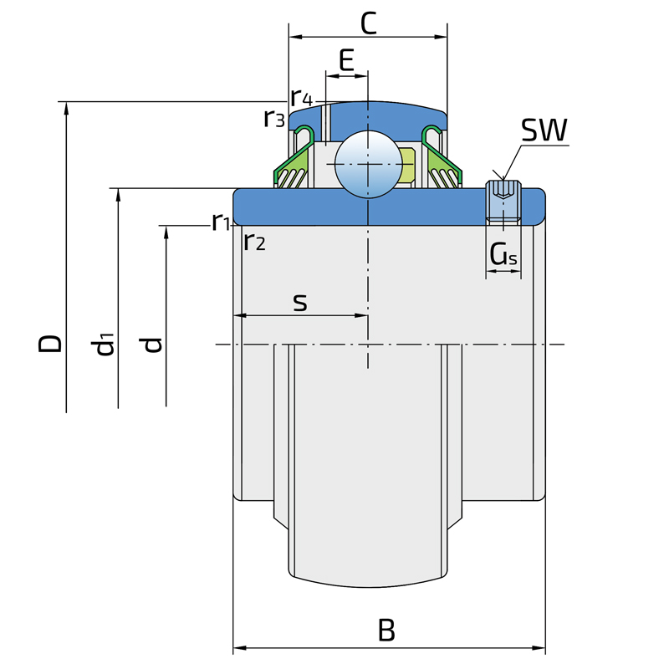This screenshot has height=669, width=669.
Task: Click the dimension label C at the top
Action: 368,23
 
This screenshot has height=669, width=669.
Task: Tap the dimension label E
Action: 347,60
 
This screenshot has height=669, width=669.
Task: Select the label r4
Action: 301,96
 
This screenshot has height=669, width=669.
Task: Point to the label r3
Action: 274,119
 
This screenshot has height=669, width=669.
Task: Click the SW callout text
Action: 544,130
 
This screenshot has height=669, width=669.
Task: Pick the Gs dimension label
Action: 503,255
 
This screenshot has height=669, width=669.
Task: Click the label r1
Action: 221,222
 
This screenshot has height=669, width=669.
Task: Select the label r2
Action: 254,243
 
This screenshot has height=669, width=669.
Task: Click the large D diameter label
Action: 50,343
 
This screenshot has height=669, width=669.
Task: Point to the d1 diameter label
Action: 104,343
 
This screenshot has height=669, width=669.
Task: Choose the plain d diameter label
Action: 152,343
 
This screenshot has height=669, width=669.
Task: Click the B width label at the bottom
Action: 386,630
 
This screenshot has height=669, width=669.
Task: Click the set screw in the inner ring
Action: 503,203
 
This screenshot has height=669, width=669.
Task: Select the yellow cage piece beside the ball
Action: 407,165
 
